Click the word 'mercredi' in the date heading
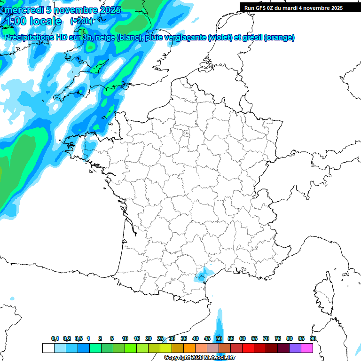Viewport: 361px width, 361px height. pos(22,10)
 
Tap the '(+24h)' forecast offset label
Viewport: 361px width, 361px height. pos(81,21)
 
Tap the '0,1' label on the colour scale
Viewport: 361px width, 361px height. pos(55,338)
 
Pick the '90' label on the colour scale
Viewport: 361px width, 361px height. pos(313,338)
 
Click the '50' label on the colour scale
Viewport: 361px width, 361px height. pos(219,338)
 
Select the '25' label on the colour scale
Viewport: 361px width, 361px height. pos(160,338)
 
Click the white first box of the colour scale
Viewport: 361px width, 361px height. pos(48,348)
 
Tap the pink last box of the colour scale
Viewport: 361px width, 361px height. pos(307,348)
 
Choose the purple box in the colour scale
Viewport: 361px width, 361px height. pos(295,348)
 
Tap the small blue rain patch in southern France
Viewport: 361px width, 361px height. pos(202,274)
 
